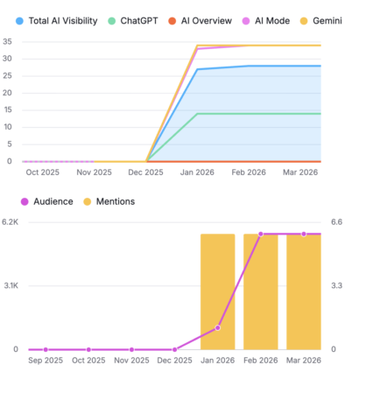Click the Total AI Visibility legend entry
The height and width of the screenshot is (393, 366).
point(53,18)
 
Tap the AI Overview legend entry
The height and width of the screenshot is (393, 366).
point(207,18)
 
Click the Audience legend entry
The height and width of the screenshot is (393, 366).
point(50,201)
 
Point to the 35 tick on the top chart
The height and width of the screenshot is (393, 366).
point(7,42)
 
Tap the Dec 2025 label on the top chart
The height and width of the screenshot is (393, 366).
point(145,172)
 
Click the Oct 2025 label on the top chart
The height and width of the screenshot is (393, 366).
point(43,172)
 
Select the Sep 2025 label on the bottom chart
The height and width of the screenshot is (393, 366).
point(45,360)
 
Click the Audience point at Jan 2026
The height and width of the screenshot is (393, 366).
point(218,327)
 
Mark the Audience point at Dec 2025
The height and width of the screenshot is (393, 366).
point(175,349)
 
